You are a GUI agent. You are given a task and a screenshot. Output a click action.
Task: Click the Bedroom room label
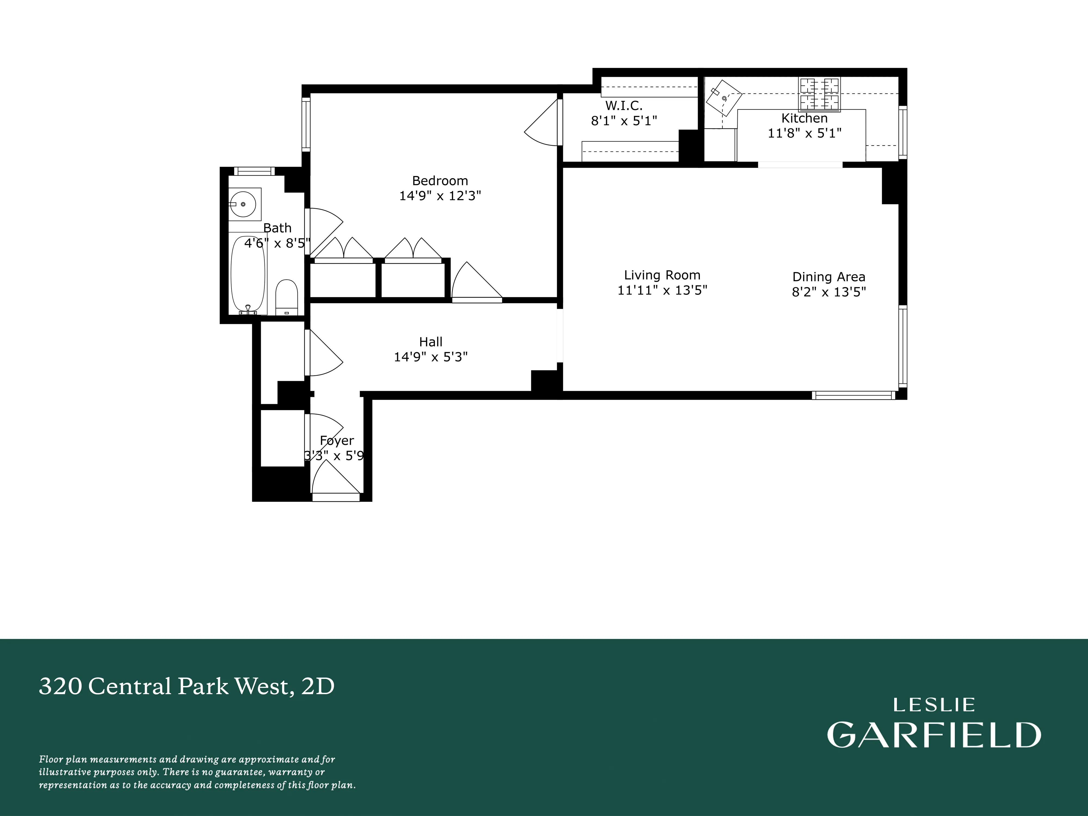(440, 181)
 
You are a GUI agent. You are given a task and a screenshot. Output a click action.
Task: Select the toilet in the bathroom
(286, 296)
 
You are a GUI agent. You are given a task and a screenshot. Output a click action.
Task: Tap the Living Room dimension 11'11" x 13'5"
(662, 290)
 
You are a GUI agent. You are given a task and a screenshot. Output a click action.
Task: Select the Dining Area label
(828, 277)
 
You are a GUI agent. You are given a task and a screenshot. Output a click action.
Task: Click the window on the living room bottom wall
(853, 395)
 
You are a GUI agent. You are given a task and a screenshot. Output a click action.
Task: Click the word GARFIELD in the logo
(934, 735)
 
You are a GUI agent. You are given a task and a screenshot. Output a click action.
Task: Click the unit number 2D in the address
(318, 686)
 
